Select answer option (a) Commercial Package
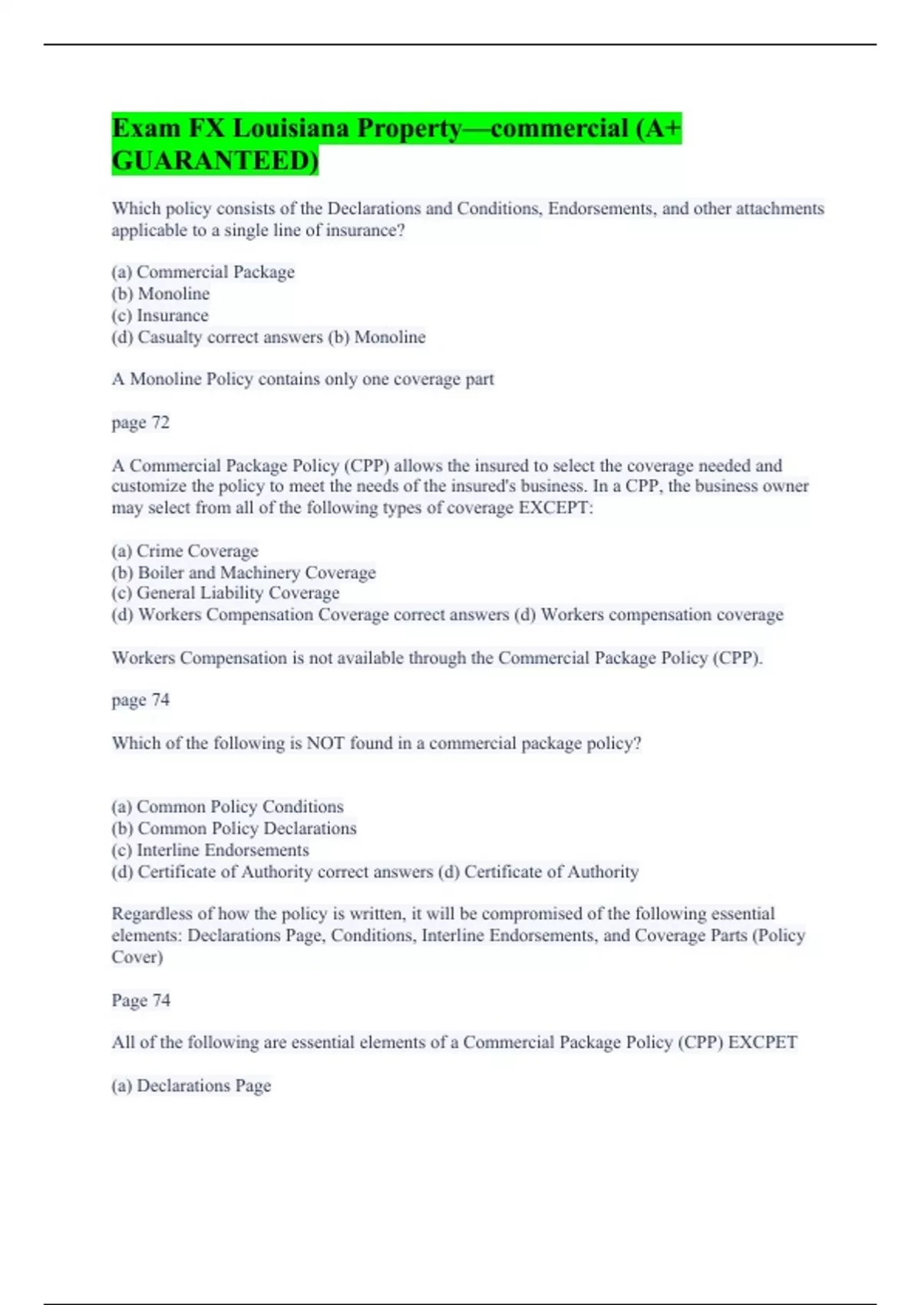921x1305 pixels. (203, 272)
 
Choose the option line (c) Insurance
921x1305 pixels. (160, 316)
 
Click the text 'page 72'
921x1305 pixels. (140, 422)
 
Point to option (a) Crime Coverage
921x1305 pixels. (185, 551)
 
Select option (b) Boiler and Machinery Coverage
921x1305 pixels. (243, 573)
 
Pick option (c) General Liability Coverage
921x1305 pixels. (226, 593)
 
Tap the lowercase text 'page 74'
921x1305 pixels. (140, 700)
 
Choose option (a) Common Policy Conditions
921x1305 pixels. (227, 807)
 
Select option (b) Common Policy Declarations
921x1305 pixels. (234, 828)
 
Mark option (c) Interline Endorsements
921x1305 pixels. (210, 850)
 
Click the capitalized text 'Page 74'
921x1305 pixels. (140, 1000)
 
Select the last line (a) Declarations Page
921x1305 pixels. (191, 1085)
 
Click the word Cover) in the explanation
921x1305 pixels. (137, 957)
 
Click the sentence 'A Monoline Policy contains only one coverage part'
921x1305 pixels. (302, 379)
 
